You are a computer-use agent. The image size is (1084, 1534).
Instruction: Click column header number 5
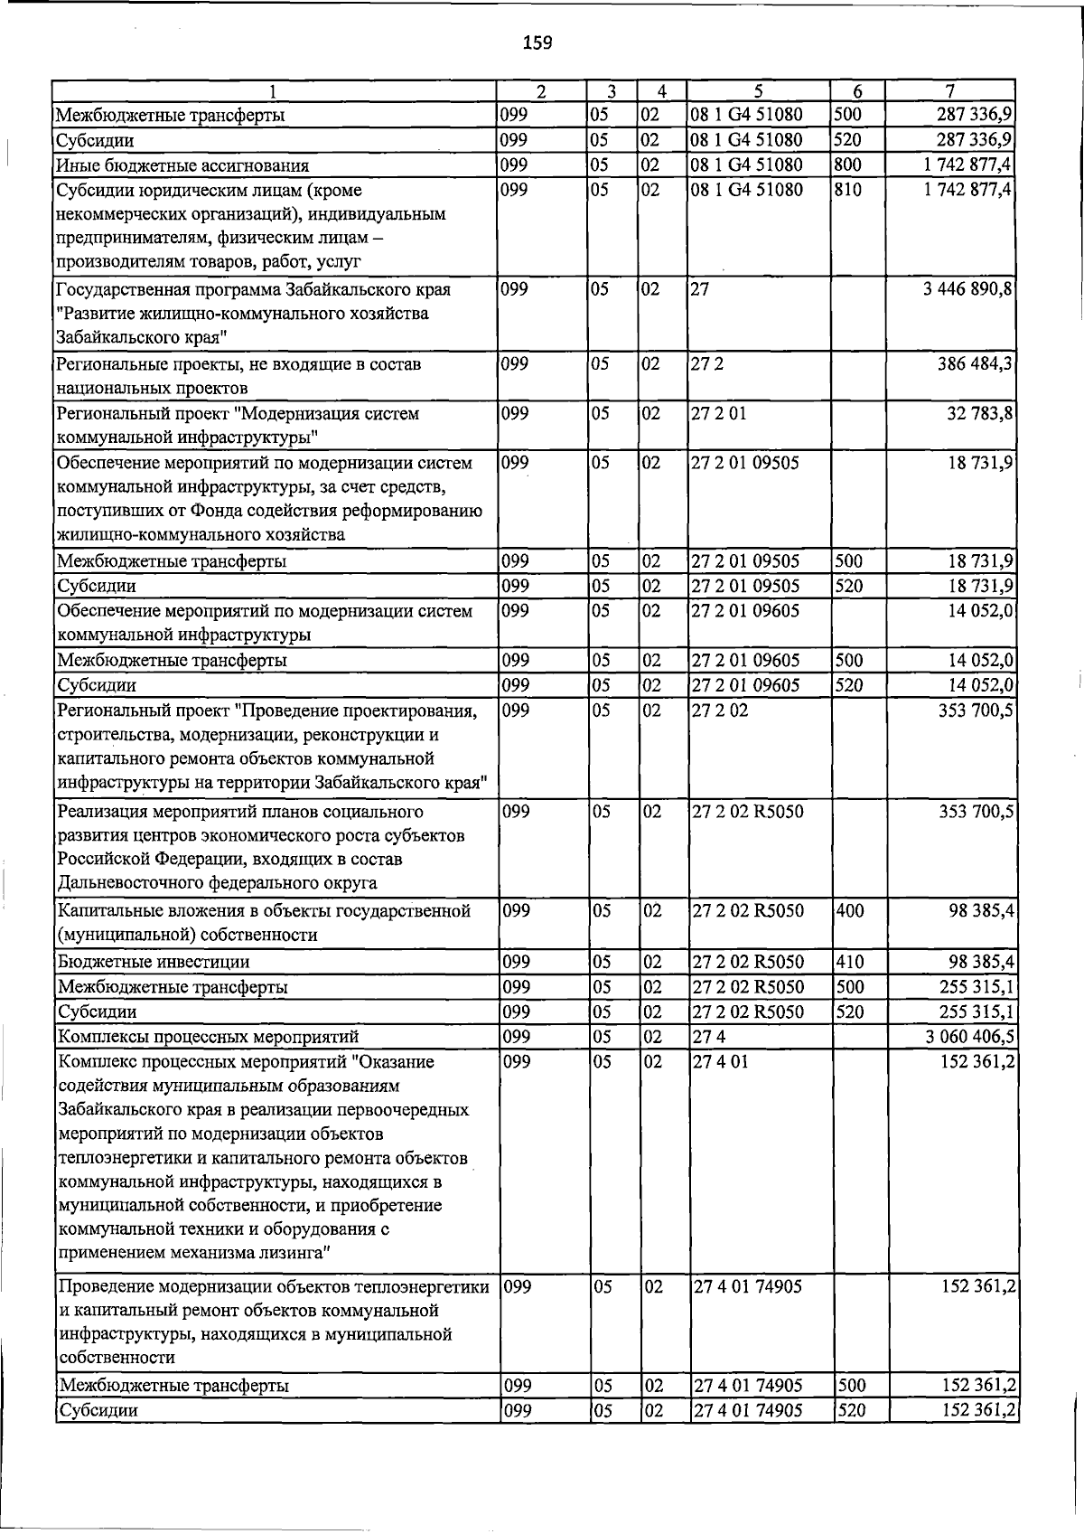coord(758,90)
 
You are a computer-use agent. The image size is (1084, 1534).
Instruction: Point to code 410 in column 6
coord(850,962)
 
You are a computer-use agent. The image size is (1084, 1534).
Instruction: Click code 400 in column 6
coord(850,911)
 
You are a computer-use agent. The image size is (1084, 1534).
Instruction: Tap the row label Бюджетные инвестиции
coord(154,962)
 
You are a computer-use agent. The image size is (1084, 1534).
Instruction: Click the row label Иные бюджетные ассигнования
coord(182,165)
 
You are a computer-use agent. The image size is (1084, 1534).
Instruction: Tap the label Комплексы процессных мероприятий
coord(208,1037)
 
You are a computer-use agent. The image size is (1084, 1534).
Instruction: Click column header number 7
coord(949,90)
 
